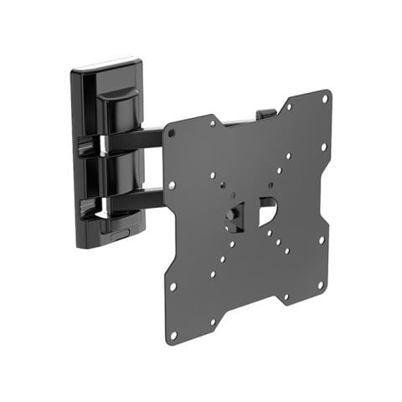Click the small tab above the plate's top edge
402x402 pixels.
tap(265, 111)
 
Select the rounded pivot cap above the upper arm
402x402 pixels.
tap(117, 109)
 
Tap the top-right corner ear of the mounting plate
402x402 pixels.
tap(323, 99)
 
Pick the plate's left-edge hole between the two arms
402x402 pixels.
tap(172, 186)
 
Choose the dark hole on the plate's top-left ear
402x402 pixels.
tap(172, 133)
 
